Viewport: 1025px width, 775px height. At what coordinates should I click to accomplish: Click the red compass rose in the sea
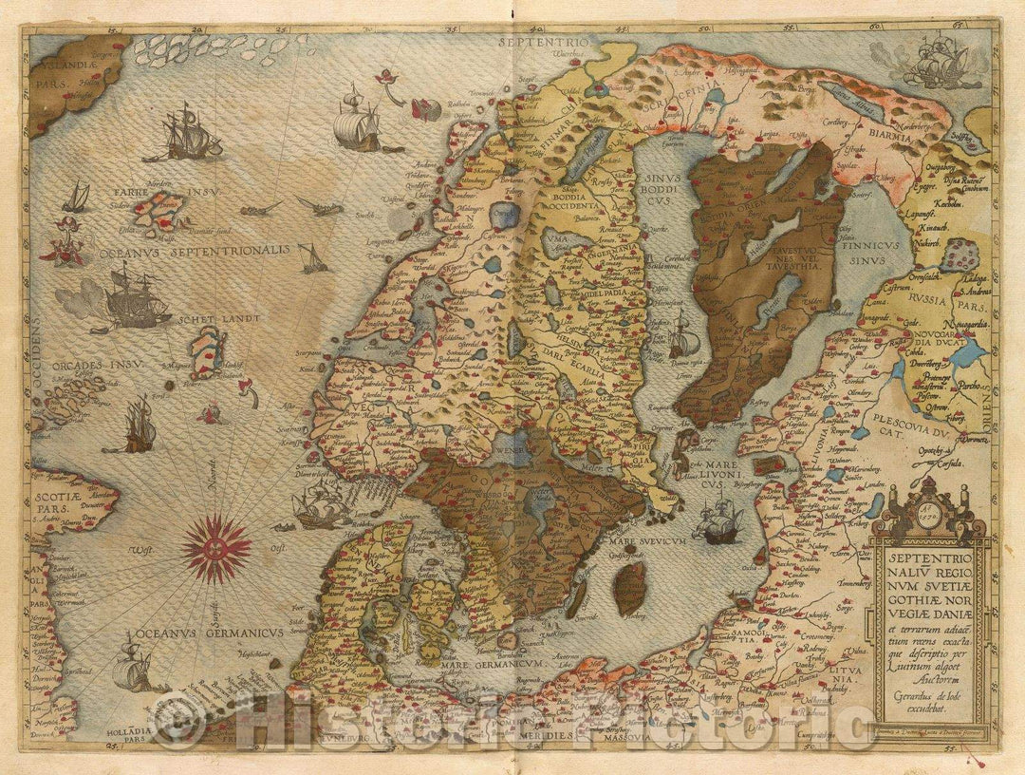tap(217, 547)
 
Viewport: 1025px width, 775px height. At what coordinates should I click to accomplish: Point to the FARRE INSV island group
tap(164, 207)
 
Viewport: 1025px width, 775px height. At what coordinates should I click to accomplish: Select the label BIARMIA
tap(891, 136)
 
